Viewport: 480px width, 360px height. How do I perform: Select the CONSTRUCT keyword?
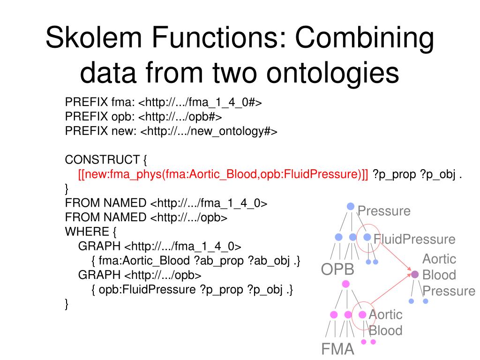(102, 159)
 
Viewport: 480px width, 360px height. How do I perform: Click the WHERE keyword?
(87, 232)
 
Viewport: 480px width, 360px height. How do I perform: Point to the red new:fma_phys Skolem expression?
(223, 174)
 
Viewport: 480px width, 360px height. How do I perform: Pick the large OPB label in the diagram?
(337, 270)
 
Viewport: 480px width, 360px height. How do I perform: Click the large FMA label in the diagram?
(337, 349)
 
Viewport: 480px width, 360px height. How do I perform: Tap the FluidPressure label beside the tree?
(414, 240)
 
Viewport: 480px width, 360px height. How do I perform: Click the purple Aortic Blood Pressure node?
(415, 274)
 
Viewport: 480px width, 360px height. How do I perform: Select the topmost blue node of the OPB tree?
(350, 206)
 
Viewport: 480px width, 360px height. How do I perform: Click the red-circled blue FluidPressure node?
(367, 237)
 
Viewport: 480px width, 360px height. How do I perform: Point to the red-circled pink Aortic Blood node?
(362, 315)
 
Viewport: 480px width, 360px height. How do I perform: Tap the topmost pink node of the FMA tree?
(346, 284)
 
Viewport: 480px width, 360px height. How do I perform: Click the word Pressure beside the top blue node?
(384, 211)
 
